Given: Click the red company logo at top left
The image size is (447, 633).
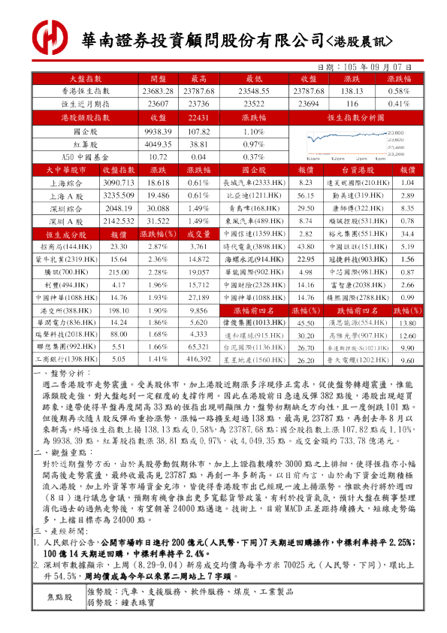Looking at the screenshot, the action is point(49,35).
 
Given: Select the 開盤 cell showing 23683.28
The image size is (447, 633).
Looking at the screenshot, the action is point(159,90).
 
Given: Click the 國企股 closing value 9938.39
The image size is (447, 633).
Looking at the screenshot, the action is point(159,131).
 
